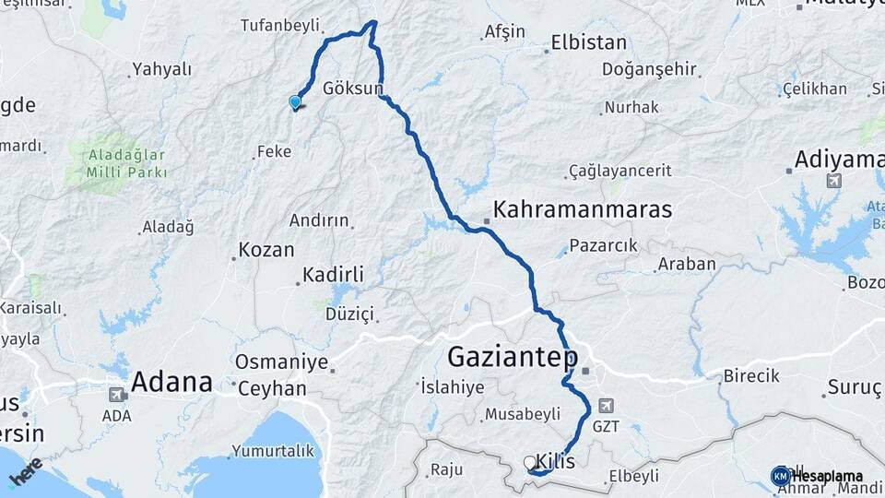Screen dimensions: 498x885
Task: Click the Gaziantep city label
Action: [x=513, y=357]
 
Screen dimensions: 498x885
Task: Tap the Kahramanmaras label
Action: [x=583, y=210]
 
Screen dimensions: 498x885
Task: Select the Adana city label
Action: [x=171, y=381]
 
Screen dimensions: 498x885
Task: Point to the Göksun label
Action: [x=353, y=89]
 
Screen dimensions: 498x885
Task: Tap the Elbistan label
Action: [x=588, y=42]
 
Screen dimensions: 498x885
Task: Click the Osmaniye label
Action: [x=281, y=362]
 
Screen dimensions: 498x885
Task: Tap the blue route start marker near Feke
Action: [x=295, y=102]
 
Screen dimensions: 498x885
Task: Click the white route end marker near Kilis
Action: [x=529, y=462]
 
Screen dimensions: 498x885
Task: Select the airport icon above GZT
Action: [x=605, y=405]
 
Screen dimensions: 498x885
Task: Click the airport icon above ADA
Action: [x=117, y=395]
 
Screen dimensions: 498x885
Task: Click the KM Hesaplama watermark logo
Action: [x=781, y=476]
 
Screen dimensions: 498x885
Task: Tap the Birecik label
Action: [x=751, y=376]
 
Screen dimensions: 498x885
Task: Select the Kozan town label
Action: [x=265, y=250]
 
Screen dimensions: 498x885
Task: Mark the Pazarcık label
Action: [x=603, y=245]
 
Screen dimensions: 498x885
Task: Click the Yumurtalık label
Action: [x=272, y=451]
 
